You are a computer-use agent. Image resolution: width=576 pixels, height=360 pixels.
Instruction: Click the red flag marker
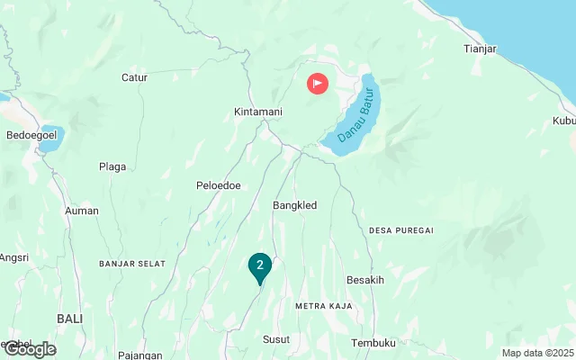(318, 84)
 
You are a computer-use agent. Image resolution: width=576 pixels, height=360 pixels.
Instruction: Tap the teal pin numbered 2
(259, 265)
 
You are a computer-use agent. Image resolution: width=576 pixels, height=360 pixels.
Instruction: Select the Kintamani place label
(258, 112)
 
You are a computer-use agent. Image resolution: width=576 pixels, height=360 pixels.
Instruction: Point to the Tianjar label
(480, 49)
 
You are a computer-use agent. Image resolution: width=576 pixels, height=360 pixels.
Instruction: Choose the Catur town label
(134, 77)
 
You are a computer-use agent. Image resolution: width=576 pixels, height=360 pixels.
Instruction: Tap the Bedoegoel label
(32, 135)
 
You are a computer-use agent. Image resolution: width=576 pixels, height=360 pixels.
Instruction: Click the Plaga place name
(112, 166)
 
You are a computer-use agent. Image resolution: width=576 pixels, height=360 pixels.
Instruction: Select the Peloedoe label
(217, 185)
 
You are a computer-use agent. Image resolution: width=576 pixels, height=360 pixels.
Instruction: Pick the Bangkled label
(294, 205)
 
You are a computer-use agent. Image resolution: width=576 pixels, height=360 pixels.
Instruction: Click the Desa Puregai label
(401, 230)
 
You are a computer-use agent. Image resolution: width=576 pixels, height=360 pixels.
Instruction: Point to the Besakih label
(365, 280)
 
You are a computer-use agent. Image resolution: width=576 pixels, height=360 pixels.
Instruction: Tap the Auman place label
(82, 211)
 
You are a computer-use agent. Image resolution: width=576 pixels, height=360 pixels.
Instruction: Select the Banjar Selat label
(132, 263)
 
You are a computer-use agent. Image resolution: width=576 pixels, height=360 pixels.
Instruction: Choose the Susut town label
(276, 339)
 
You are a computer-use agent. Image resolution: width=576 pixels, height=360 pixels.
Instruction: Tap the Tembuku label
(373, 343)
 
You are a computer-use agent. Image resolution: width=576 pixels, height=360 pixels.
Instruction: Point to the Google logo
(29, 349)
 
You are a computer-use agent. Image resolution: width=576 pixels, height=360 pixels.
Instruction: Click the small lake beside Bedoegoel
(50, 138)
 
